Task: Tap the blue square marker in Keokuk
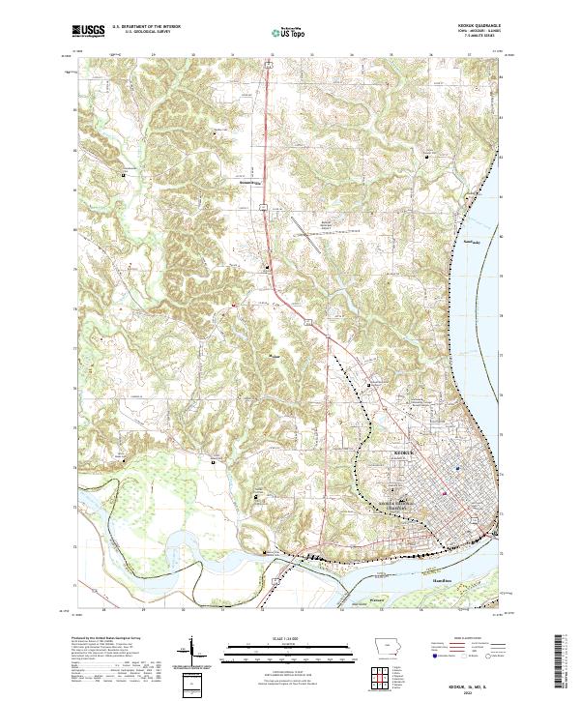point(457,469)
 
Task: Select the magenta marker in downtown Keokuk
point(443,494)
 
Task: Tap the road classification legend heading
point(473,641)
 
